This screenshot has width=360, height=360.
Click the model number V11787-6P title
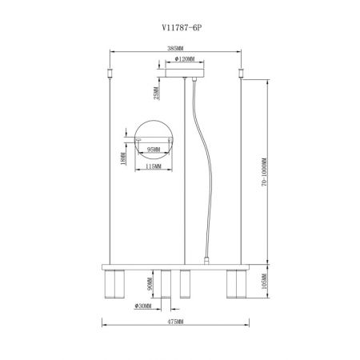point(182,27)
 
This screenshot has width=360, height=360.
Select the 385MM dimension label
point(175,48)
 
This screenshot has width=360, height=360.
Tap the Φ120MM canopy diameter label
point(185,59)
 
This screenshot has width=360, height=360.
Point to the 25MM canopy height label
point(157,93)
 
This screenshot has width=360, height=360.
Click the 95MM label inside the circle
point(154,150)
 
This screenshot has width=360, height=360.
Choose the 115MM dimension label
point(154,166)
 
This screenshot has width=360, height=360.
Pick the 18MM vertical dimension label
point(123,158)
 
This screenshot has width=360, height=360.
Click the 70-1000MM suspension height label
point(264,172)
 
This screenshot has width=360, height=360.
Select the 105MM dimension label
point(264,282)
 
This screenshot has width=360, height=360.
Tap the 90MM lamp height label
point(150,284)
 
